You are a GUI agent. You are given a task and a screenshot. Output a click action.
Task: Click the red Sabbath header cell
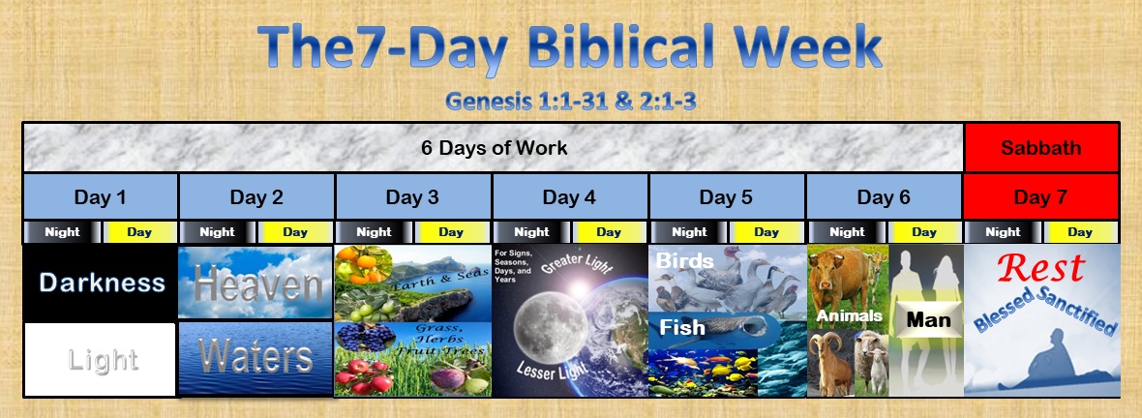(1041, 148)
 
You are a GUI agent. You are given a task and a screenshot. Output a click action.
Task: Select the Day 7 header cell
(1041, 197)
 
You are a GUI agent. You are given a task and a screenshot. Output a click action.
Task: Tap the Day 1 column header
(101, 197)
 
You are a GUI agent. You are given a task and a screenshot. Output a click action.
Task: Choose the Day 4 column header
(569, 197)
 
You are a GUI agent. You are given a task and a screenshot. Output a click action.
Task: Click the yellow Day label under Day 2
(295, 232)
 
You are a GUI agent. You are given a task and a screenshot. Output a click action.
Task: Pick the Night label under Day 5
(688, 232)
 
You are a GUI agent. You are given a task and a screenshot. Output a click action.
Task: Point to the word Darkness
(101, 283)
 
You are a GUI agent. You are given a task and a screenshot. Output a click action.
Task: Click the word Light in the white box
(103, 360)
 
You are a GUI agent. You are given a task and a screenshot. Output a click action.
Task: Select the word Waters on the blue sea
(256, 358)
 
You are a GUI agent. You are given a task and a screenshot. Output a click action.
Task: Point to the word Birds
(685, 260)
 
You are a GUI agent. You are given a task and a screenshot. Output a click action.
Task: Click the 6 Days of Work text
(494, 148)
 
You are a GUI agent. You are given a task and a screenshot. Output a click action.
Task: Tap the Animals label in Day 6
(848, 315)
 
